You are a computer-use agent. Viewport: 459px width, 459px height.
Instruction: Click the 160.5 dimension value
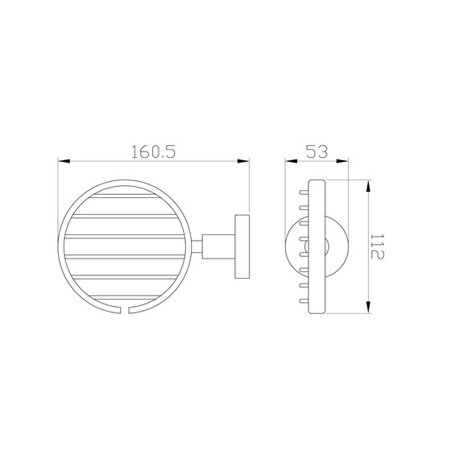153,151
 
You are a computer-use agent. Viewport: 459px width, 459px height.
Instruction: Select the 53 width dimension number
316,151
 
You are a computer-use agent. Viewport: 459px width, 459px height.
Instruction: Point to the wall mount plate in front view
242,246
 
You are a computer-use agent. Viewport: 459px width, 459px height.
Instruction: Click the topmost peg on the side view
304,192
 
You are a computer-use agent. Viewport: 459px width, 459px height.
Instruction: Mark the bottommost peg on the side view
304,300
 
